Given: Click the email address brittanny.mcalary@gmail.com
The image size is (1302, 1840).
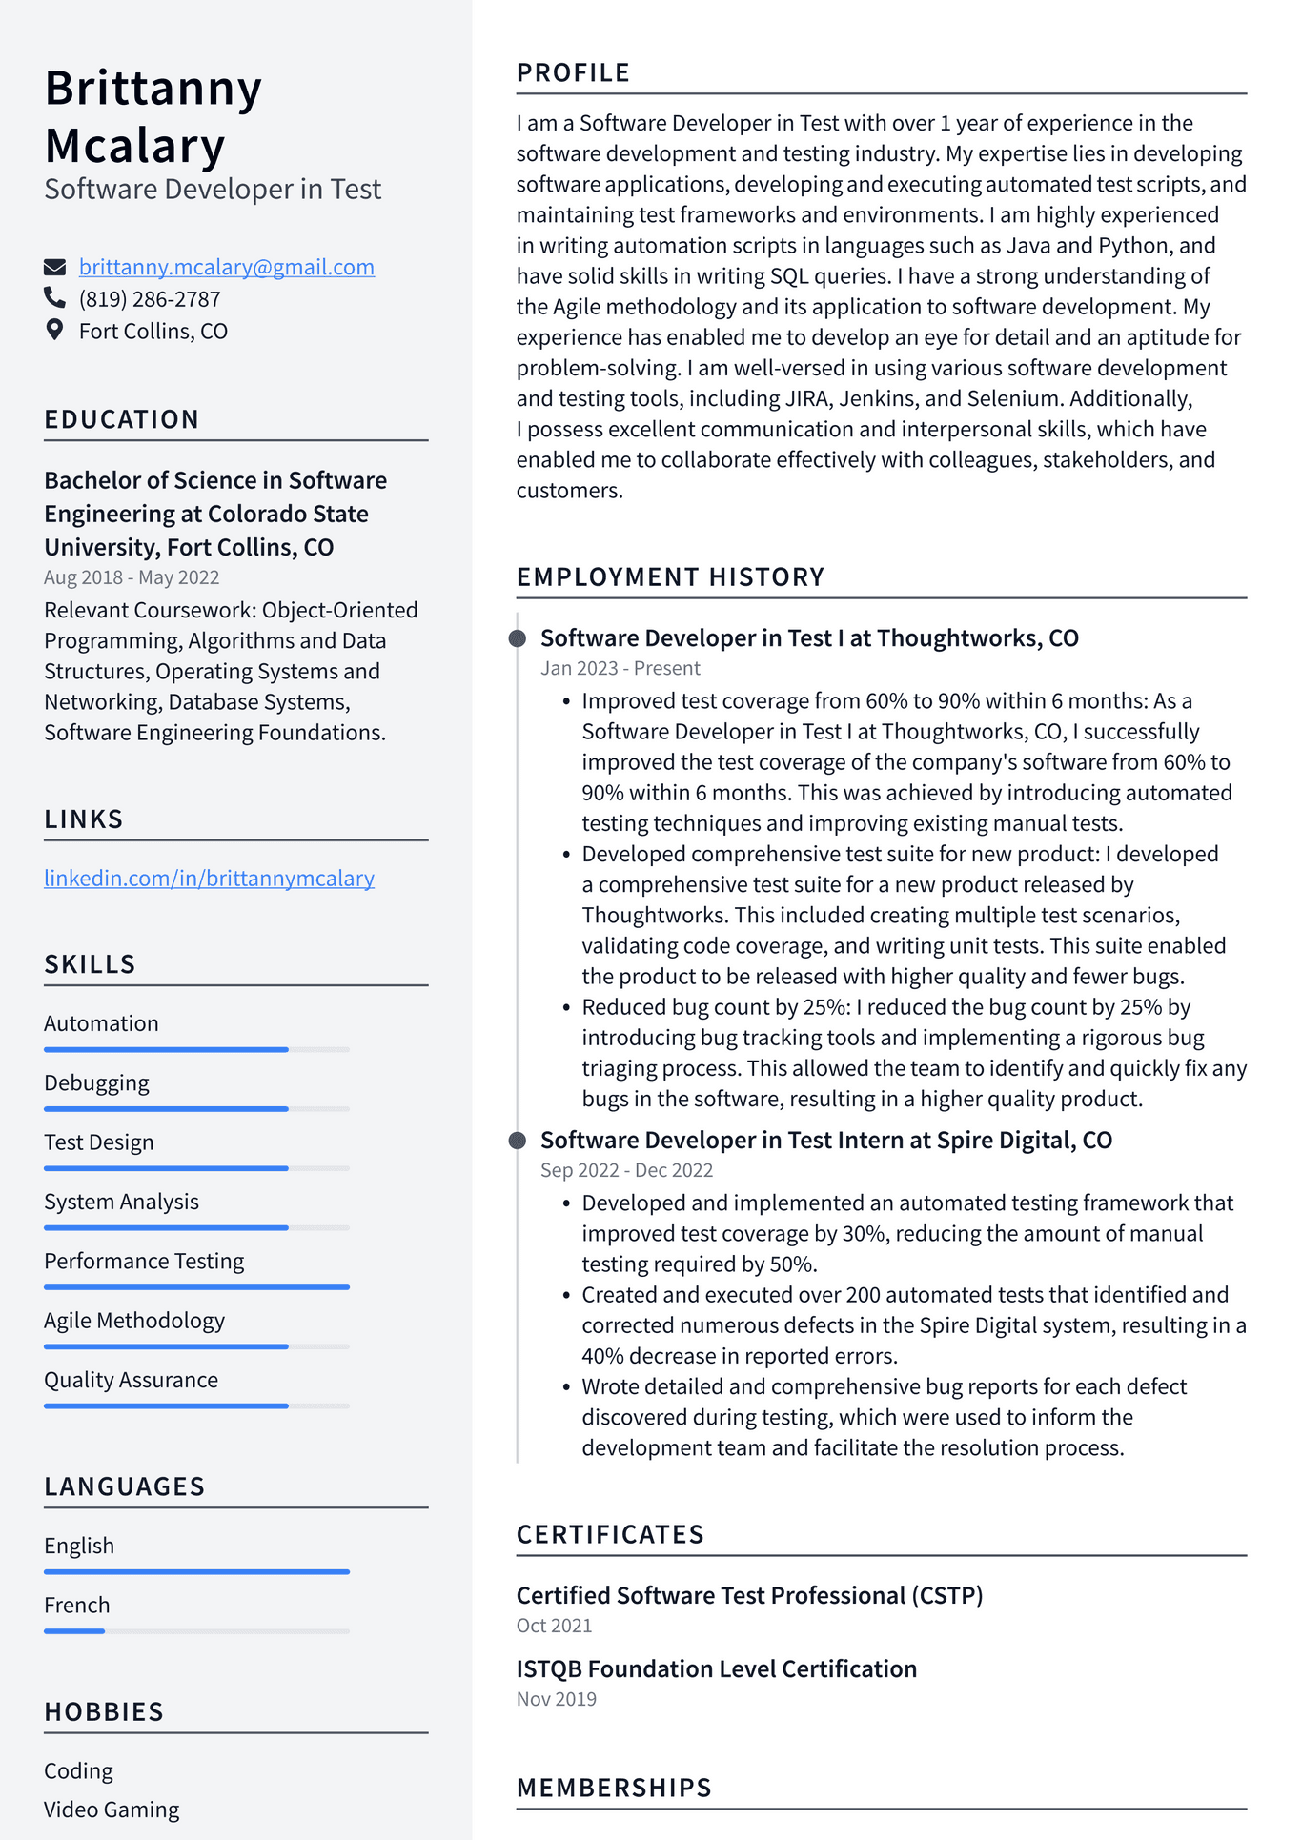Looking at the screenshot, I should pyautogui.click(x=226, y=267).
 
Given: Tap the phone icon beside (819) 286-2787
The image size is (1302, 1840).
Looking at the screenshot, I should pyautogui.click(x=54, y=298).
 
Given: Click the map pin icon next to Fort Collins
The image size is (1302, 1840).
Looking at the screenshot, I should pyautogui.click(x=54, y=330).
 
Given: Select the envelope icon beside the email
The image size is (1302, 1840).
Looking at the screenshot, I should pyautogui.click(x=54, y=267).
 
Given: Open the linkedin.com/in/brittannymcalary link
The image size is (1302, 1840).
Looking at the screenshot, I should pyautogui.click(x=209, y=878).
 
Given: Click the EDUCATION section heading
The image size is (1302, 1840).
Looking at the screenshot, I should pyautogui.click(x=122, y=419).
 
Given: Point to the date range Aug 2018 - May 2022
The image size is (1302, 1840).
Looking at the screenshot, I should pyautogui.click(x=132, y=577).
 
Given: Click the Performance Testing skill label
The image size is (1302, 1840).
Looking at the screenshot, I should pyautogui.click(x=144, y=1261).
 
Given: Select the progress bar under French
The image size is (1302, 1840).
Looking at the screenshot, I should pyautogui.click(x=196, y=1631).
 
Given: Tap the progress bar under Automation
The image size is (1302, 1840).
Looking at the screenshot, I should pyautogui.click(x=196, y=1049).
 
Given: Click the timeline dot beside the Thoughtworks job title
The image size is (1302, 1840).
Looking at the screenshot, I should pyautogui.click(x=518, y=638).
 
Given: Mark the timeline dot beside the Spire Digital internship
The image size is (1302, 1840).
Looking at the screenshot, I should pyautogui.click(x=518, y=1141).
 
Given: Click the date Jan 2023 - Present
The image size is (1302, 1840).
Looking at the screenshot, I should pyautogui.click(x=620, y=668).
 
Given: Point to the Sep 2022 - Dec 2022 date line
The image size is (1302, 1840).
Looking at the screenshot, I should pyautogui.click(x=626, y=1170).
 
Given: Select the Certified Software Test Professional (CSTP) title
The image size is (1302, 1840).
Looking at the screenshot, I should pyautogui.click(x=749, y=1595).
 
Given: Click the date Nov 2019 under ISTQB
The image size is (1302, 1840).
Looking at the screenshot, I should pyautogui.click(x=556, y=1699).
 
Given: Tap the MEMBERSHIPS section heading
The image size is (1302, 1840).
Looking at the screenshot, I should pyautogui.click(x=614, y=1788).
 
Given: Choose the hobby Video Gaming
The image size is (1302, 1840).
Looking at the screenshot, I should pyautogui.click(x=112, y=1809).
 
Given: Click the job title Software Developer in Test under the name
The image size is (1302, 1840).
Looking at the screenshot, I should pyautogui.click(x=213, y=189).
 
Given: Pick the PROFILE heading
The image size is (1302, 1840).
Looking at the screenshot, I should pyautogui.click(x=573, y=72).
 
